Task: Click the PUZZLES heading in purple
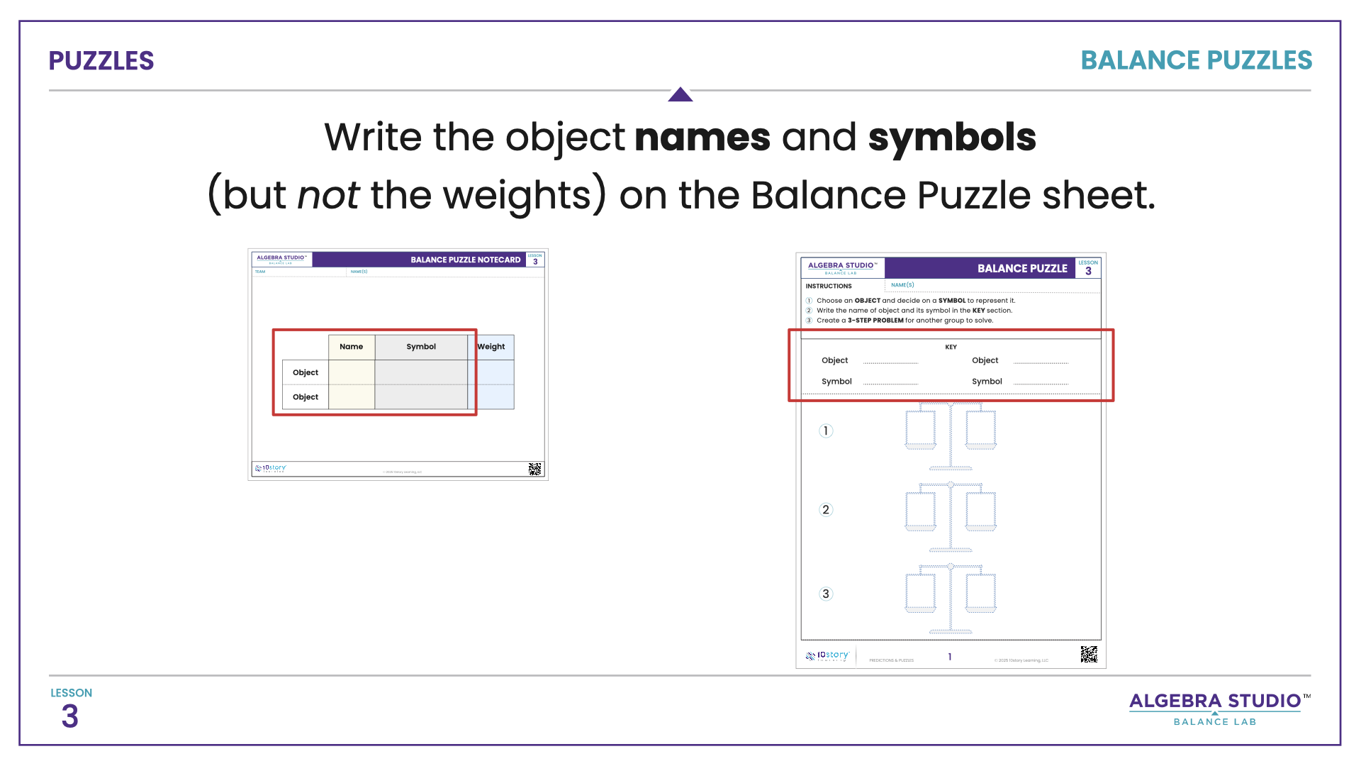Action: [x=101, y=61]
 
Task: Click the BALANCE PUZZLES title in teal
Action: [x=1196, y=61]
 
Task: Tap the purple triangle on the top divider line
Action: [x=680, y=94]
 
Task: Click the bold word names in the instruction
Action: [x=702, y=138]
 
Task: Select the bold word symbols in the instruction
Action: [x=951, y=138]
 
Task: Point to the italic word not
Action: [x=327, y=195]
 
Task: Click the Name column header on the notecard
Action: [x=351, y=347]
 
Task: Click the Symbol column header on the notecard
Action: [x=421, y=347]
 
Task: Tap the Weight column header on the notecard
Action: [x=491, y=347]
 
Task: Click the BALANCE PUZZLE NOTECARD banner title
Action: [x=465, y=260]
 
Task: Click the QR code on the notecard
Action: [x=534, y=469]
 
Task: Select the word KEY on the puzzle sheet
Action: [x=951, y=347]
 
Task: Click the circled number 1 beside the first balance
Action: [x=825, y=431]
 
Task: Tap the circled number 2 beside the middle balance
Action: [x=825, y=509]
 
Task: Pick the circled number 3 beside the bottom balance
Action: [x=825, y=594]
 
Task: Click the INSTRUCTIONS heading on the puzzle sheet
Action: [x=829, y=286]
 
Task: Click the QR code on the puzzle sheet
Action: [x=1088, y=654]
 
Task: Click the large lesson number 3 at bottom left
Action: [x=69, y=716]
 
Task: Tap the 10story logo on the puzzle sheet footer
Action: [x=827, y=656]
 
